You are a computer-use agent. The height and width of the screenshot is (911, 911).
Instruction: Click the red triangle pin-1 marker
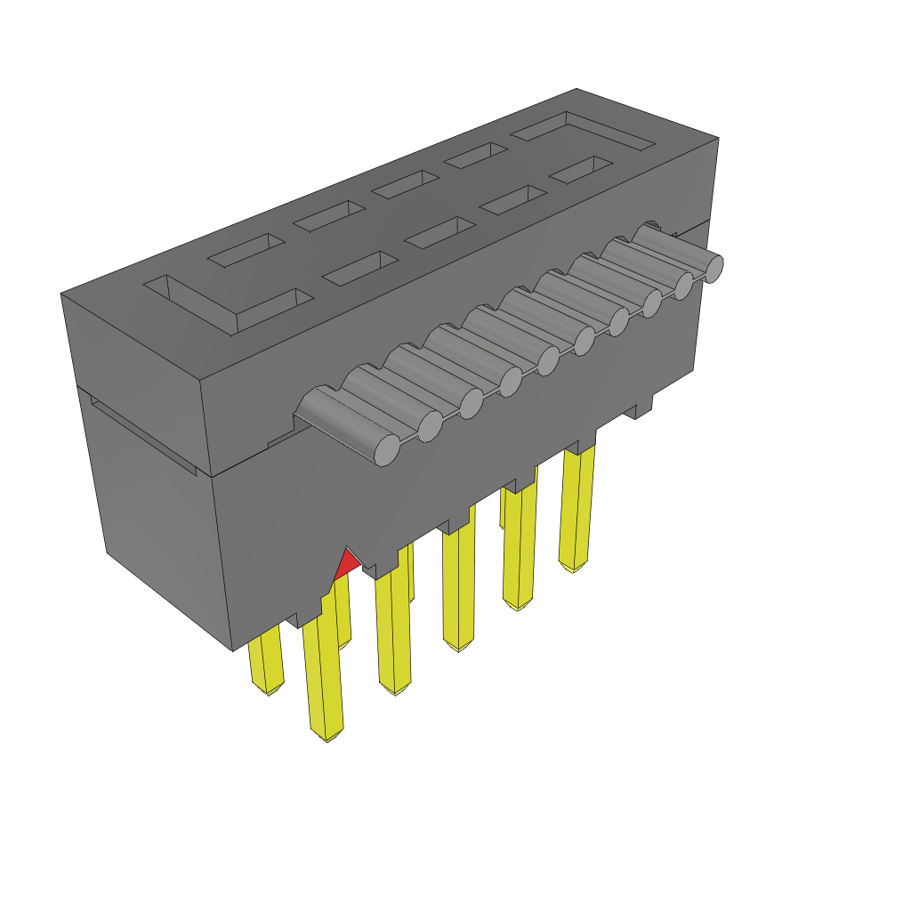(346, 563)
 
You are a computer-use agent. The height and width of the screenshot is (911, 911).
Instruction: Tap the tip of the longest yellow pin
(327, 734)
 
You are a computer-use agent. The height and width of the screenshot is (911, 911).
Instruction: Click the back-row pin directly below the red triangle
(343, 614)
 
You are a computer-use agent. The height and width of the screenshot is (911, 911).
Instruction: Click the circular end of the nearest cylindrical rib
(387, 450)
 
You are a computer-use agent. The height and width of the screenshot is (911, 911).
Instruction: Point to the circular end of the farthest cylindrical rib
(713, 266)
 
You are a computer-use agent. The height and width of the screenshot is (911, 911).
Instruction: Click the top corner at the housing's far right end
(717, 140)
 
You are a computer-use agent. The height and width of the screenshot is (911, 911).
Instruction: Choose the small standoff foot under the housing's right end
(641, 407)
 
